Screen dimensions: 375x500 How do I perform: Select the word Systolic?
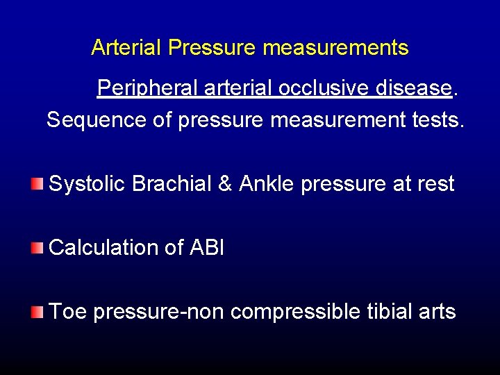pyautogui.click(x=87, y=184)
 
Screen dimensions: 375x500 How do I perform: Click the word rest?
pyautogui.click(x=435, y=184)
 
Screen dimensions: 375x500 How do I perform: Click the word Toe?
pyautogui.click(x=67, y=312)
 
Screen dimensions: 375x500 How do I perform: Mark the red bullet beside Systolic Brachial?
pyautogui.click(x=37, y=184)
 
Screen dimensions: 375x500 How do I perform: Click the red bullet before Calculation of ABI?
pyautogui.click(x=37, y=247)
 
